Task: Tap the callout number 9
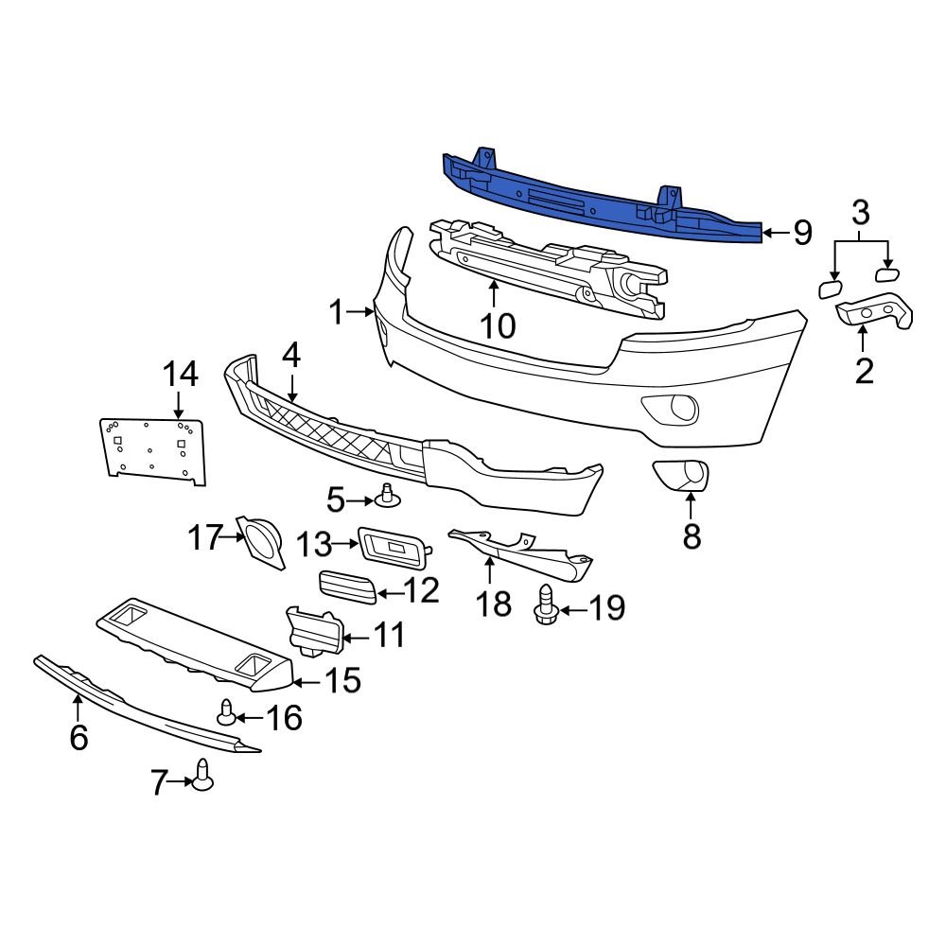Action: pos(802,232)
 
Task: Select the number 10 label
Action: pos(497,326)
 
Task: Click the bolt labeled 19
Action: pos(546,605)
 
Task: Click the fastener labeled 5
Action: pos(386,495)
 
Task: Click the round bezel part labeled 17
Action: pos(262,543)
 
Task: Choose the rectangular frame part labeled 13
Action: pos(394,546)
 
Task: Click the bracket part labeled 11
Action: pos(314,629)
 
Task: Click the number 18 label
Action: pos(494,602)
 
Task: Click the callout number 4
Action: pos(290,357)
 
